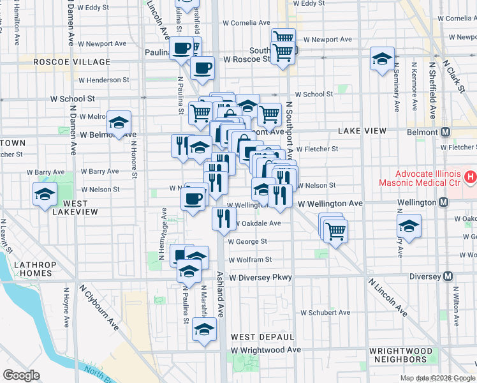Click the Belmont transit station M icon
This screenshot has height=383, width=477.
(x=446, y=131)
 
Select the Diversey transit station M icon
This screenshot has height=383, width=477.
(x=448, y=276)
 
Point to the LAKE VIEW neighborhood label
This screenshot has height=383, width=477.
(x=362, y=131)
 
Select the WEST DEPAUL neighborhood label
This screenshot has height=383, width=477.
(x=262, y=336)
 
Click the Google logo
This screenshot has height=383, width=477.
(x=21, y=375)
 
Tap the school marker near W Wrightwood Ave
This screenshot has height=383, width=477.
(x=204, y=329)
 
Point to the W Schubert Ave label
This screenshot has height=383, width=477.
(x=326, y=313)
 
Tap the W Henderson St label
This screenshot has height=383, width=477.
(x=104, y=80)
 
